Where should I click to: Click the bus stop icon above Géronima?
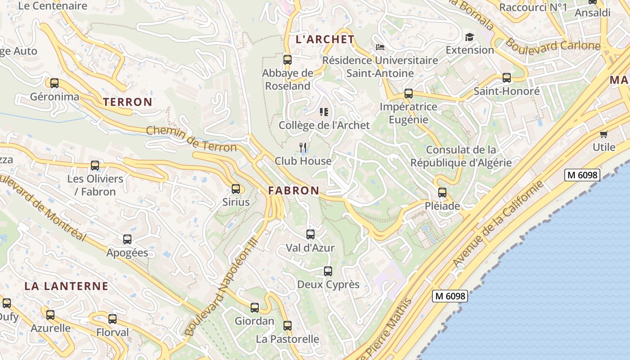[x=54, y=83]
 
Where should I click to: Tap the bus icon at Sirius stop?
[x=236, y=189]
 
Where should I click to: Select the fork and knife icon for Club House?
[x=303, y=147]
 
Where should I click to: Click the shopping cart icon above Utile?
[x=604, y=134]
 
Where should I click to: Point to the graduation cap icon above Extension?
[x=470, y=37]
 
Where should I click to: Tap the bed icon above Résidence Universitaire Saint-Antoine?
[x=380, y=47]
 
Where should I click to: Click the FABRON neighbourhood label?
[x=294, y=191]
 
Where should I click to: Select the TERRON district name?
[x=128, y=102]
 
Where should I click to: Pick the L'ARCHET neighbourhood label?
[x=325, y=40]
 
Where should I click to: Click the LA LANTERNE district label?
[x=66, y=286]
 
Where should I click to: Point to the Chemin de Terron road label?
[x=191, y=139]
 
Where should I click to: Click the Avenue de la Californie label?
[x=498, y=224]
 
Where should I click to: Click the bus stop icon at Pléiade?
[x=442, y=193]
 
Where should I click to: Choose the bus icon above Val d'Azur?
[x=310, y=234]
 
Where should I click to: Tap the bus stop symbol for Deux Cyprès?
[x=328, y=271]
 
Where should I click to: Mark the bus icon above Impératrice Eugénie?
[x=409, y=94]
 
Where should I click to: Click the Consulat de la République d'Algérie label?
[x=461, y=156]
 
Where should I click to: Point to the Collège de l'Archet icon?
[x=324, y=112]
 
